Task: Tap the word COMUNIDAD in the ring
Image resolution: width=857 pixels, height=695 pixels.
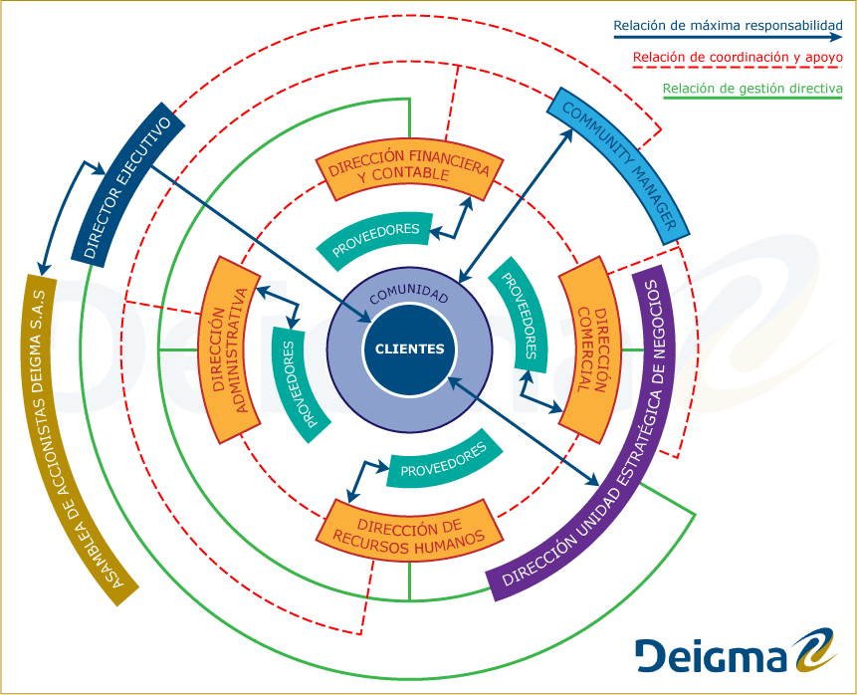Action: [x=409, y=296]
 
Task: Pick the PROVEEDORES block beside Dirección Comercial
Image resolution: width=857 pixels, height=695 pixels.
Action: [x=520, y=314]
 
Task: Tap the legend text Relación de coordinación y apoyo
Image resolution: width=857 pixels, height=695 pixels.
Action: [x=738, y=57]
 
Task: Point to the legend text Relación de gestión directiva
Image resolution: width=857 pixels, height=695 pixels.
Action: [x=752, y=89]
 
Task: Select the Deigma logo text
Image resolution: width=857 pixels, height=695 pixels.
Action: [x=711, y=654]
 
